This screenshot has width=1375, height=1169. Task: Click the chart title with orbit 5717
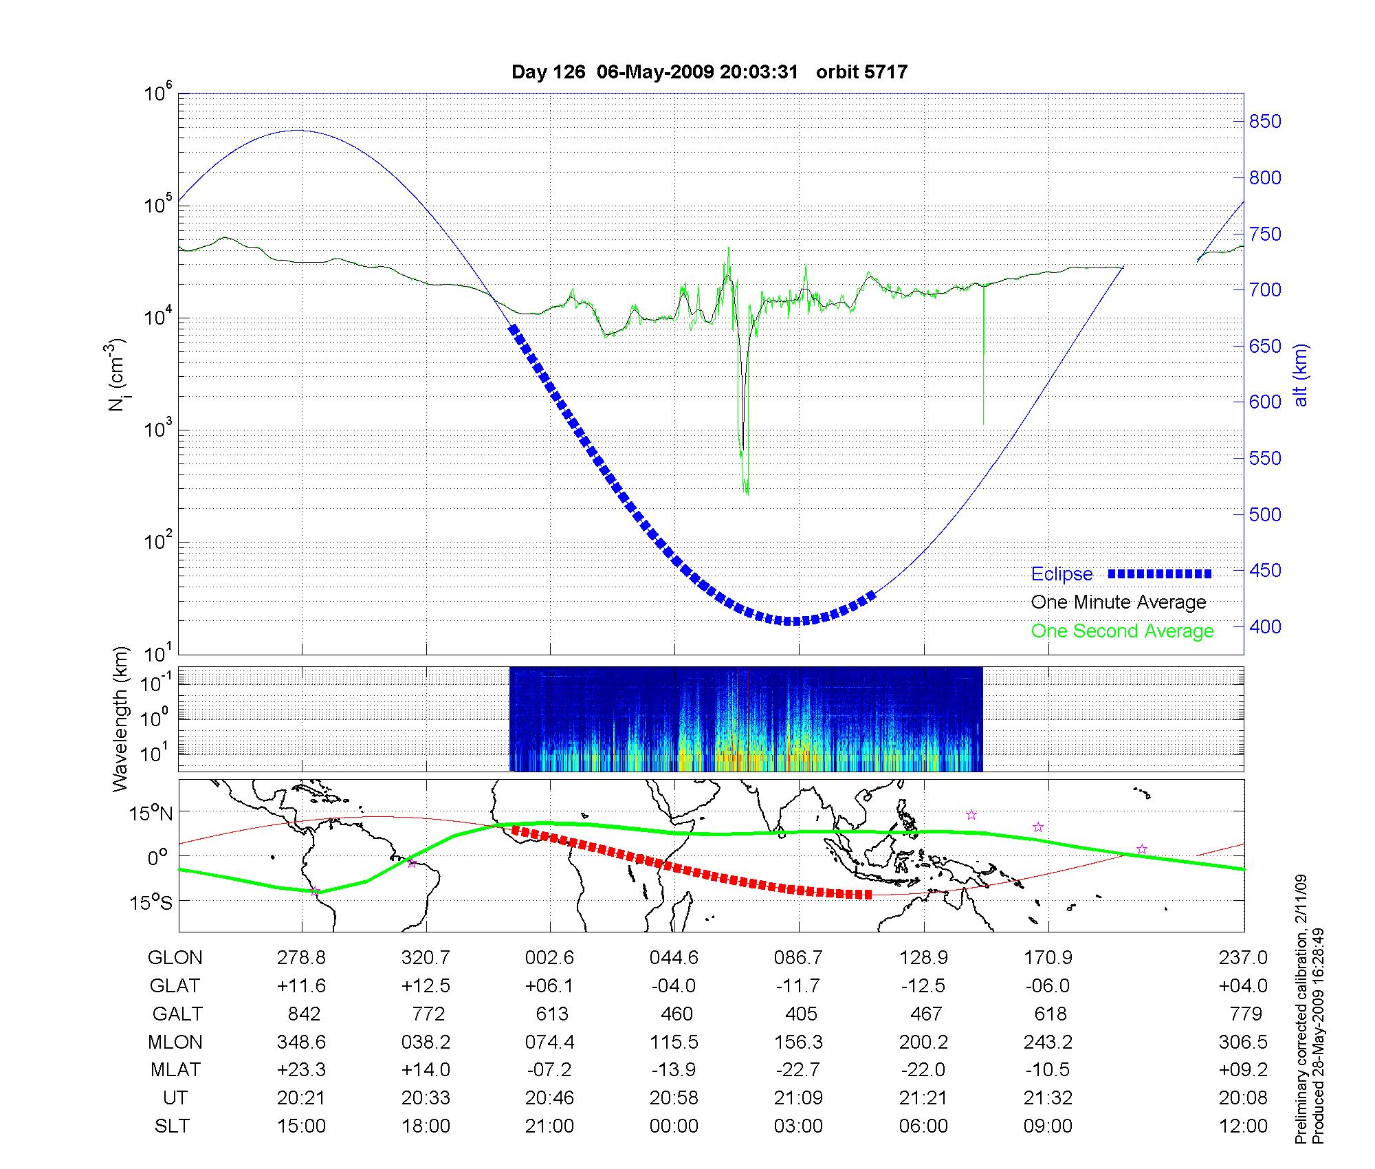tap(709, 72)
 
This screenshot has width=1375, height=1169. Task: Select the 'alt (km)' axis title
tap(1301, 375)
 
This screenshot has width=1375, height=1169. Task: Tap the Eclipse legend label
tap(1061, 574)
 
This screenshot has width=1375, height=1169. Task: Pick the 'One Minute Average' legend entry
tap(1119, 602)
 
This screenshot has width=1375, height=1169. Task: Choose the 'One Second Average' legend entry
tap(1122, 631)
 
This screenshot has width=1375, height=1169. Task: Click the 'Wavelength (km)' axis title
tap(121, 719)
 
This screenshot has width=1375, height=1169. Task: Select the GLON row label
tap(175, 958)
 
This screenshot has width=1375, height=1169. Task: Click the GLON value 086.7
tap(798, 958)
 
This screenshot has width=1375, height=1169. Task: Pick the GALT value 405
tap(801, 1014)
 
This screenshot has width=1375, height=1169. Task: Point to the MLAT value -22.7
tap(798, 1070)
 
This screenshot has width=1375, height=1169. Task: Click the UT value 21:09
tap(798, 1098)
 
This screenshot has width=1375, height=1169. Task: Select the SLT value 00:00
tap(674, 1126)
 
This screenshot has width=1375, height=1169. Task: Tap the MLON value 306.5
tap(1243, 1042)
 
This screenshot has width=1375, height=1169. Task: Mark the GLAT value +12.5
tap(426, 986)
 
